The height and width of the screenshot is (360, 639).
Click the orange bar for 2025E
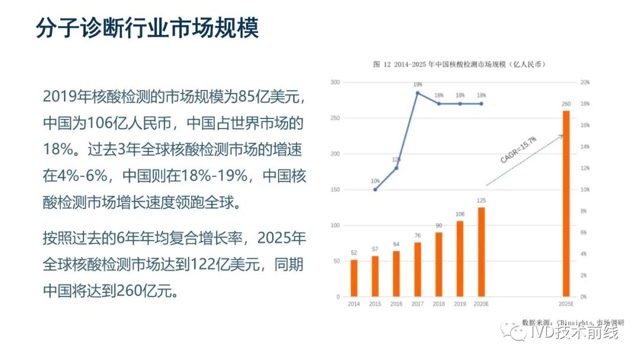[x=566, y=204]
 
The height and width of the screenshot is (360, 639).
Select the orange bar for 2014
[x=354, y=278]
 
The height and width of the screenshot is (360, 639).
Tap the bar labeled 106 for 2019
[x=460, y=259]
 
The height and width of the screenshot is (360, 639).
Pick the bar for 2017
[x=418, y=269]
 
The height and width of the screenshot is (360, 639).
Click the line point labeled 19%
[x=418, y=93]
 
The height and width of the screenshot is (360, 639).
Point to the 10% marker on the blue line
[x=375, y=189]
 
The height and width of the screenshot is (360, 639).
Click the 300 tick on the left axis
[x=335, y=82]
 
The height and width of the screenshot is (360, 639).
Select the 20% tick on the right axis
[x=585, y=82]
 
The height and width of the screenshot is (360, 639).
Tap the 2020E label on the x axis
[x=482, y=304]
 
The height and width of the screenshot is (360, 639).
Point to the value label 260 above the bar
[x=566, y=105]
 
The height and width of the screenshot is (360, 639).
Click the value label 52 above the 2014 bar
[x=354, y=253]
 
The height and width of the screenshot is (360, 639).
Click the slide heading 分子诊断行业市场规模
[x=147, y=28]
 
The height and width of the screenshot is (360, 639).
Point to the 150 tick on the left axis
[x=335, y=190]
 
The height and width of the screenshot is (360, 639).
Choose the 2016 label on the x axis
[x=396, y=304]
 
